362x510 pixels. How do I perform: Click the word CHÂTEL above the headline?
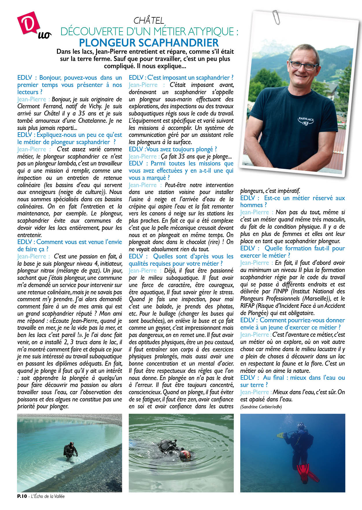point(149,21)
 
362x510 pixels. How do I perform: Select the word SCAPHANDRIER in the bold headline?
point(178,43)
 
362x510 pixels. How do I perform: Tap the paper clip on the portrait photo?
point(276,17)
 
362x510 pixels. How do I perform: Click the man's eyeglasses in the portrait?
point(303,65)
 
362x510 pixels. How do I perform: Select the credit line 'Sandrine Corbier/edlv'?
point(261,407)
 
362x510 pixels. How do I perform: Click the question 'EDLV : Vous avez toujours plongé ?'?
point(173,149)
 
